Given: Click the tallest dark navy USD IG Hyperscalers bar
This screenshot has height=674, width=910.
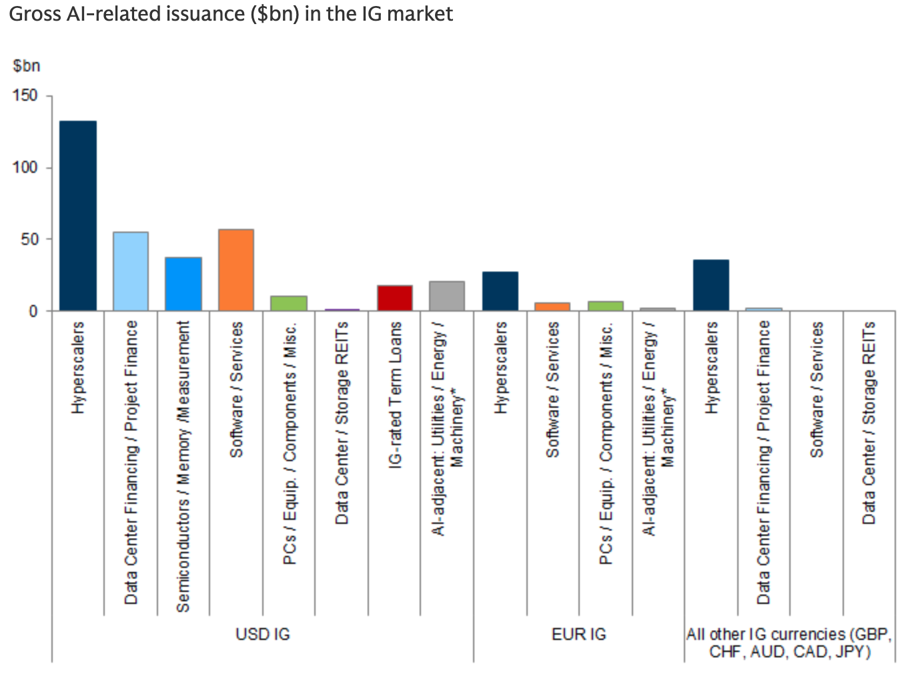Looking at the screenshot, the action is (78, 216).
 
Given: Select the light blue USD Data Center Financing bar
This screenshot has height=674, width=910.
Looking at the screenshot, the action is (131, 271).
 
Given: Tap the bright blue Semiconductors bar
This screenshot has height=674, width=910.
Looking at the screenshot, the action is (183, 284).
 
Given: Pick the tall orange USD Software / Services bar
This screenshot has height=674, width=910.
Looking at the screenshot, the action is (236, 270).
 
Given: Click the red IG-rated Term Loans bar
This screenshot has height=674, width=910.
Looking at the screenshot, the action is (395, 298).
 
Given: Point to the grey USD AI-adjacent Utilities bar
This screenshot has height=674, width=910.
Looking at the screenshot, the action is (447, 296).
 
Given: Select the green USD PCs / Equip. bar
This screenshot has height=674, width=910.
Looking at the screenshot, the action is (289, 303).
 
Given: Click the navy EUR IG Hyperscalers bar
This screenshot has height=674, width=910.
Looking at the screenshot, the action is (500, 291).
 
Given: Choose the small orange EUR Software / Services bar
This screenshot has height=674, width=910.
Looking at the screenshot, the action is (552, 306).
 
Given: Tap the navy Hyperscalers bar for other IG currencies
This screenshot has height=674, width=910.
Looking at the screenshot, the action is (711, 285).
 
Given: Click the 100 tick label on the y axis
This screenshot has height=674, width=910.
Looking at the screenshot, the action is (25, 167).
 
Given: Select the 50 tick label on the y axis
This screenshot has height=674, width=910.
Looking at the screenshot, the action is (29, 240).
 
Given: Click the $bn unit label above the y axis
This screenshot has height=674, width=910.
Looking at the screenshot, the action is (26, 65).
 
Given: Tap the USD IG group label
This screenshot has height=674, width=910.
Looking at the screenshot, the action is (263, 634).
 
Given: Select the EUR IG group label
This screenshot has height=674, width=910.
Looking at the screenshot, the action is (578, 634).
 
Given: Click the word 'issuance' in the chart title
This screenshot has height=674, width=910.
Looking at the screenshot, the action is (205, 14).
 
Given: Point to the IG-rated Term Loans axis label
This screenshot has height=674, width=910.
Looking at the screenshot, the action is (395, 395).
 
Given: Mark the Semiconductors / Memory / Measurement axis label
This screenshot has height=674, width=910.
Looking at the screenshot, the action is (183, 466).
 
